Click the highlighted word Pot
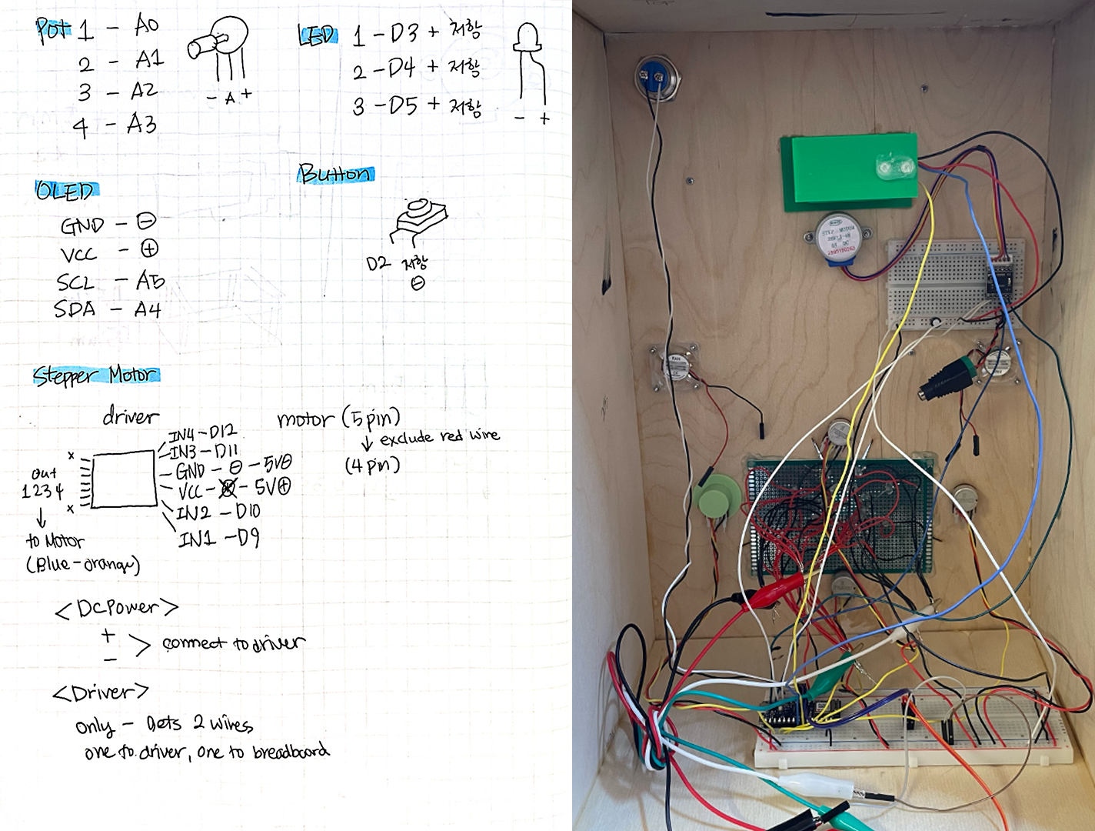[52, 29]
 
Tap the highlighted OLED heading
[66, 190]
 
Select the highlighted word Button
[335, 174]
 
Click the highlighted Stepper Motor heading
[96, 375]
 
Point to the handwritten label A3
[142, 124]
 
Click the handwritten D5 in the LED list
[404, 105]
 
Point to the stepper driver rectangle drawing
[124, 479]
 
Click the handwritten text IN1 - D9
[219, 538]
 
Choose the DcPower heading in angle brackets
[117, 609]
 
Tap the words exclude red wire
[439, 437]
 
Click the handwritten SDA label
[75, 309]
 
